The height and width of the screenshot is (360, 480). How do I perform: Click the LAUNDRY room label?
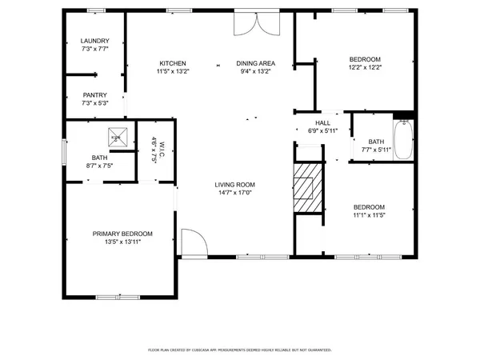[x=94, y=42]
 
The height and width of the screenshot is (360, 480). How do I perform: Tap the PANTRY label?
[x=94, y=94]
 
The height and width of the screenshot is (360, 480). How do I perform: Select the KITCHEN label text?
[x=173, y=63]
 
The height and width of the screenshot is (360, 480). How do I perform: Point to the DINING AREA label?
[x=255, y=63]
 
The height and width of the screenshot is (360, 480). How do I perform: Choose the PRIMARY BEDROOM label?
[x=122, y=234]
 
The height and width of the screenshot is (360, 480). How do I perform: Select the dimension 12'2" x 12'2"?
[x=364, y=68]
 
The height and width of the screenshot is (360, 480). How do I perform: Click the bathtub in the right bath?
[x=403, y=141]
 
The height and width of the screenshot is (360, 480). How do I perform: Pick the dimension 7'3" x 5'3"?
[x=94, y=102]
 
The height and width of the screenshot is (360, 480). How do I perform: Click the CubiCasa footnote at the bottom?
[x=240, y=350]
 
